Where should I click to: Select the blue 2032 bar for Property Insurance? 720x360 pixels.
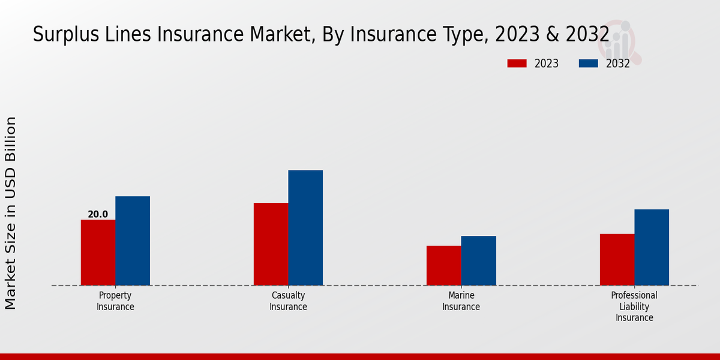[133, 241]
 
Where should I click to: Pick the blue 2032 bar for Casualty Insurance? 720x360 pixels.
[305, 227]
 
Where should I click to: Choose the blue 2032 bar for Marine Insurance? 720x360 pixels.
[479, 260]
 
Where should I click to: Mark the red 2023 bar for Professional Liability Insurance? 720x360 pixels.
[617, 259]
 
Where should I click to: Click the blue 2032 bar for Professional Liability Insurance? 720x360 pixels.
[652, 247]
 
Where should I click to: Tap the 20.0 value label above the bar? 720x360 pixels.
[98, 214]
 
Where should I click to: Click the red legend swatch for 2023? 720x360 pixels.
[517, 64]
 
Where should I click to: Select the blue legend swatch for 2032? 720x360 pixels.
[589, 64]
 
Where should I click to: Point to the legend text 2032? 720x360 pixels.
[618, 64]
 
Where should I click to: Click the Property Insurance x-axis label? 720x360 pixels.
[115, 301]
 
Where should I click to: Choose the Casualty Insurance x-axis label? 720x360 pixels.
[288, 301]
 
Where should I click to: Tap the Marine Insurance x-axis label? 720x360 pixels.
[461, 301]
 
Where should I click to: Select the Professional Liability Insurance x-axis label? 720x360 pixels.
[634, 307]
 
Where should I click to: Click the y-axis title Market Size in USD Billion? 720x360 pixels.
[11, 213]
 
